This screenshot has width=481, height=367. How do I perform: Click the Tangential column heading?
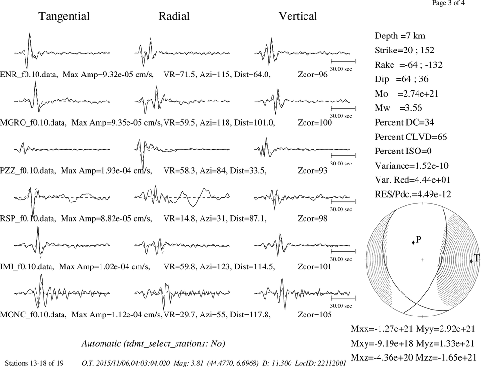coord(64,16)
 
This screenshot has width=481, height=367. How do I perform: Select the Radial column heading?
coord(174,16)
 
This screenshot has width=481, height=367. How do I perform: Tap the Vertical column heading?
coord(298,16)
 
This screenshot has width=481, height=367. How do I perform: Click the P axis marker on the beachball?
coord(413,242)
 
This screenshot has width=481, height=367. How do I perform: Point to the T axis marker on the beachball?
coord(471,261)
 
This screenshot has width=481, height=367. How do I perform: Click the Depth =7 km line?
coord(400,36)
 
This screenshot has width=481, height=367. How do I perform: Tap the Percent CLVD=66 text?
coord(411,137)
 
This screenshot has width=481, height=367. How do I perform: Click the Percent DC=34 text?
coord(405,123)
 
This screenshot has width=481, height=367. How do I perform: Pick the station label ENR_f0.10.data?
coord(29,75)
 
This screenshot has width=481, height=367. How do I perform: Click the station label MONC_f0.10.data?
coord(33,315)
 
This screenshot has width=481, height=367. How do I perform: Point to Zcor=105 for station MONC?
coord(315,315)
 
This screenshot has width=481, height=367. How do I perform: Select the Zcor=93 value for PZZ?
coord(313,170)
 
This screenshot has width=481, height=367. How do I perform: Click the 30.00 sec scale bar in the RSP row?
coord(343,202)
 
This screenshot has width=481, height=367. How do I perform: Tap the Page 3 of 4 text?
coord(448,3)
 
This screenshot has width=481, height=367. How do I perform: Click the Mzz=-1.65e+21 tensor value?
coord(446,357)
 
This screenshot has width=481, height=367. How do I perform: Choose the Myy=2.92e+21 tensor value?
coord(445,329)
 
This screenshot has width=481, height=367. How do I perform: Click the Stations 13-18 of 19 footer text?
coord(34,363)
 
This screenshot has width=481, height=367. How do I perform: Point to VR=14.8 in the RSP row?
coord(179,218)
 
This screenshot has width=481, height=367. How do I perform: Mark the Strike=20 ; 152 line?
coord(405,51)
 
